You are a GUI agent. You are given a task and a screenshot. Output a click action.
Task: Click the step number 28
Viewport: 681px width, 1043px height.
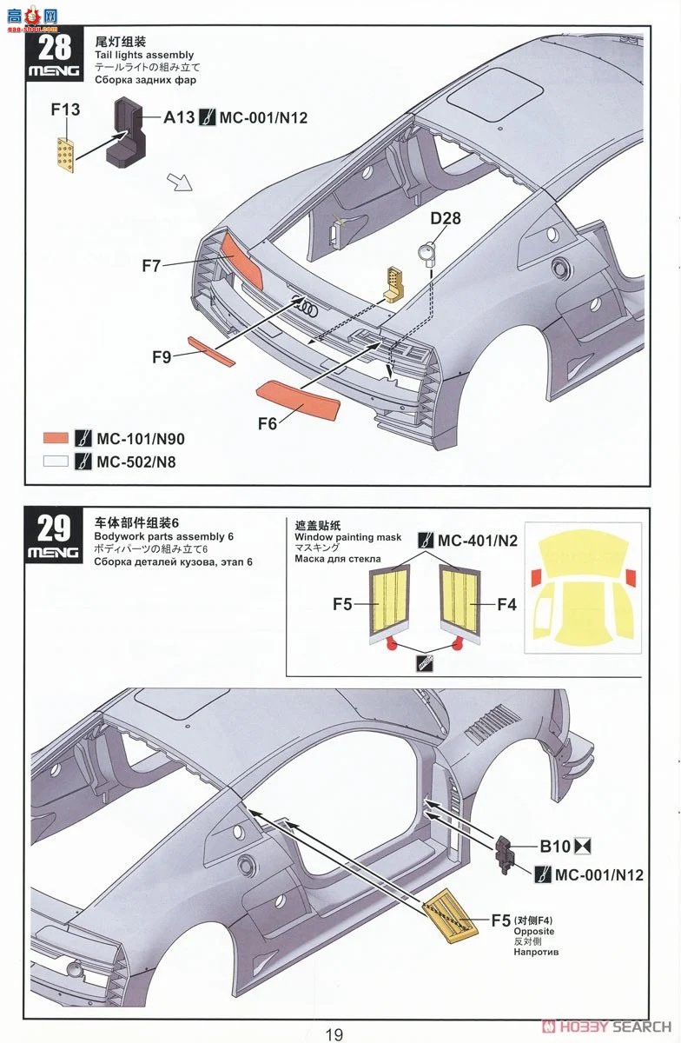point(56,45)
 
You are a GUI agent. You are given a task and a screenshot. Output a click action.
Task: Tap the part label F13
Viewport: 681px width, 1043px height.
point(65,110)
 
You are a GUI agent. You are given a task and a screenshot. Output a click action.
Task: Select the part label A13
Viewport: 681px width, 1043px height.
point(178,117)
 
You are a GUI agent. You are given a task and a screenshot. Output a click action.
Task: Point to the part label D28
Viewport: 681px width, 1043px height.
point(445,218)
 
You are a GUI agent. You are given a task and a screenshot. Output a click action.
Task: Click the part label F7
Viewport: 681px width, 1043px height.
point(151,266)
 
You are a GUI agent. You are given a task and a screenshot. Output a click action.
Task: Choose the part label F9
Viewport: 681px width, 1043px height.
point(162,356)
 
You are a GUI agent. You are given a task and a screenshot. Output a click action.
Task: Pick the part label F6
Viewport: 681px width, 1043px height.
point(268,424)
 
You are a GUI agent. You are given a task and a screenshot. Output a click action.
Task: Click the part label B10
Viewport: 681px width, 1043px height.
point(556,846)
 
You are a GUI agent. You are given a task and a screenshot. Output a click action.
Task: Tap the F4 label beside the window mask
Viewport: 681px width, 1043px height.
point(507,603)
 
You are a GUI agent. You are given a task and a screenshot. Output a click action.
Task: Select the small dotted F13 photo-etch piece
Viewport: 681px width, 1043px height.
point(65,153)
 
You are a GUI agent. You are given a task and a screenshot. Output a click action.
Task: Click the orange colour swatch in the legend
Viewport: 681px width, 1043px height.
point(56,438)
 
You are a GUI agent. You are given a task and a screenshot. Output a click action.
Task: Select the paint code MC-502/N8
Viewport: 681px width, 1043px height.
point(136,462)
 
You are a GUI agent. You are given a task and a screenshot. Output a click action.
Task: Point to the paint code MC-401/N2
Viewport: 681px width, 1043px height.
point(477,541)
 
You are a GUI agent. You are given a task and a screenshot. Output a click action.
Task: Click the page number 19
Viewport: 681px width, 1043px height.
point(334,1033)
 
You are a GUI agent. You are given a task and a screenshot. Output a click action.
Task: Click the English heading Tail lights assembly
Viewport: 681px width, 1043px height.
point(145,55)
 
